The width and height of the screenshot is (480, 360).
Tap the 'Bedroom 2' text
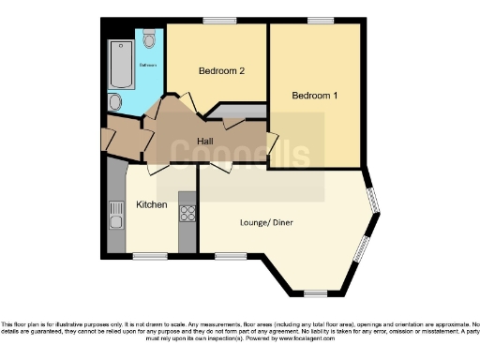[x=221, y=71]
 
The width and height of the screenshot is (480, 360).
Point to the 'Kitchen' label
[x=152, y=204]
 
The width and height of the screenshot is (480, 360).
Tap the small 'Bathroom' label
[x=148, y=65]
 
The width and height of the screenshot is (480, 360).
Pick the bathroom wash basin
[x=114, y=100]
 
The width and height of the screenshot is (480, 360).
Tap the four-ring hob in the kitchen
[x=187, y=213]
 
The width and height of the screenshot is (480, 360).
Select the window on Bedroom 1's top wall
[x=320, y=21]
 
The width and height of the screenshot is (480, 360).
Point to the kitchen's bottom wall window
[x=149, y=256]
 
